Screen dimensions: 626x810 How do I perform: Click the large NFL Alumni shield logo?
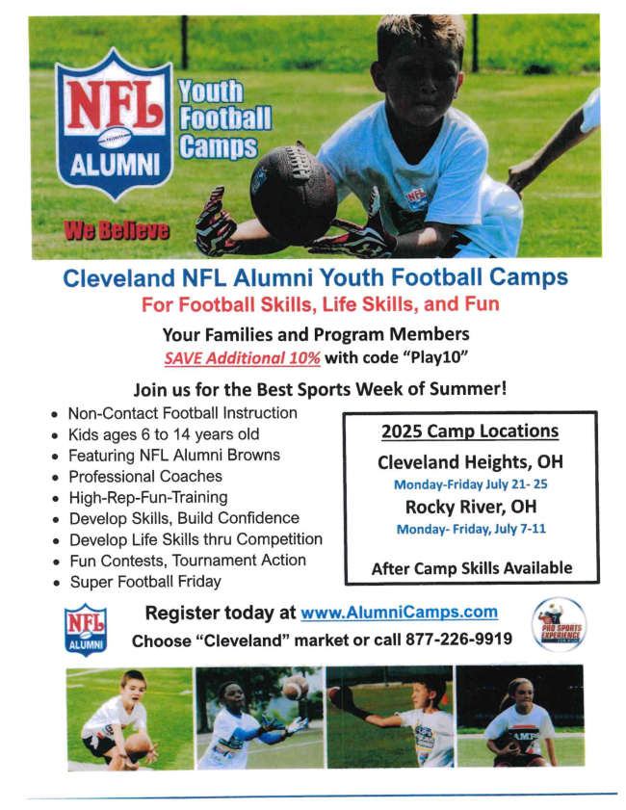[x=114, y=124]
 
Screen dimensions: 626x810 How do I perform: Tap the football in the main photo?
[x=293, y=187]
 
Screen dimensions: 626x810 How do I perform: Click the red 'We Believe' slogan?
[x=117, y=230]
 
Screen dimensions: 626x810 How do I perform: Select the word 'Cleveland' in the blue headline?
[x=118, y=278]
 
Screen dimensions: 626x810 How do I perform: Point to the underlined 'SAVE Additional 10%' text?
[x=243, y=358]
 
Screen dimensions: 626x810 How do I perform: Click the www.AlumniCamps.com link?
[x=400, y=613]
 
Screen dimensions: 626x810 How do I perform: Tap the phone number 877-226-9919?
[x=458, y=640]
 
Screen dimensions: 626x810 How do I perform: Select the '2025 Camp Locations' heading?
[x=470, y=431]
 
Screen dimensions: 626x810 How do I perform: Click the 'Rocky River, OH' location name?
[x=471, y=507]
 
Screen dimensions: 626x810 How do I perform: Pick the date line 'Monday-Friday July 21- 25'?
[x=471, y=484]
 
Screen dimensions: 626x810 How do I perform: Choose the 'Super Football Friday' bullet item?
[x=145, y=582]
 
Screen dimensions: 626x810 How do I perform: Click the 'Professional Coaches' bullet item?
[x=145, y=477]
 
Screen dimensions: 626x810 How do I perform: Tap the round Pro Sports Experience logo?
[x=559, y=624]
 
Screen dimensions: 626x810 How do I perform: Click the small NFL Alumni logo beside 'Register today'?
[x=85, y=630]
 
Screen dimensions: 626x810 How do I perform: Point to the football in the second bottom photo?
[x=296, y=687]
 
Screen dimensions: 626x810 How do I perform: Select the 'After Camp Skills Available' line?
[x=472, y=568]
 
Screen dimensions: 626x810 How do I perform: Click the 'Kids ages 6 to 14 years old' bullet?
[x=164, y=434]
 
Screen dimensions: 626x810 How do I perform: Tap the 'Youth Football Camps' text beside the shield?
[x=224, y=119]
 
